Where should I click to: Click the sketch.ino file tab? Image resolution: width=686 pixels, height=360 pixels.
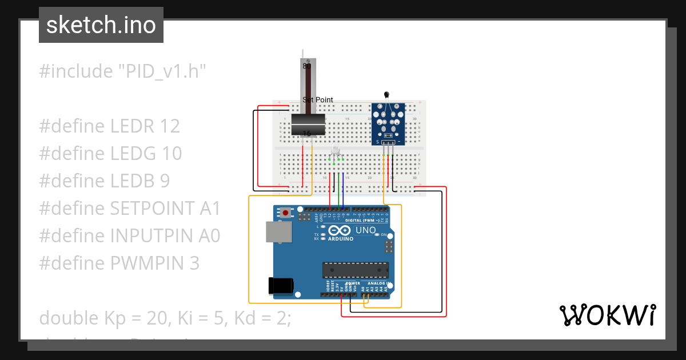pyautogui.click(x=101, y=25)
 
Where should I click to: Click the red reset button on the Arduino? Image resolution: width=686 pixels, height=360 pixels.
pyautogui.click(x=285, y=213)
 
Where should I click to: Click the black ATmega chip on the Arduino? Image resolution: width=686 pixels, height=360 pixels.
pyautogui.click(x=355, y=270)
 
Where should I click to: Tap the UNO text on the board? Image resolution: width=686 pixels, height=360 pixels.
pyautogui.click(x=366, y=230)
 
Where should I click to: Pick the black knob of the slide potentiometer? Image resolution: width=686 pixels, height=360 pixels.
pyautogui.click(x=308, y=125)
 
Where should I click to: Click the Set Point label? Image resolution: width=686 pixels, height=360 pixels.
pyautogui.click(x=318, y=100)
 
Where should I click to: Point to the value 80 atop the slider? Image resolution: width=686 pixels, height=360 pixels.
pyautogui.click(x=307, y=66)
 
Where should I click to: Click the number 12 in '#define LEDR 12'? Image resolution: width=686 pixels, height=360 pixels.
pyautogui.click(x=169, y=126)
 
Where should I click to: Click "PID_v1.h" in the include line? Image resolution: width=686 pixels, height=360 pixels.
pyautogui.click(x=162, y=71)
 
